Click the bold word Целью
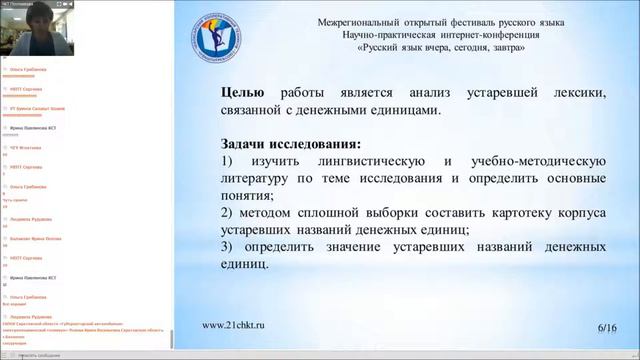coord(242,93)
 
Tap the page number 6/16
coord(607,327)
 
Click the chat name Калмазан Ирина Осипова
coord(37,238)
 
